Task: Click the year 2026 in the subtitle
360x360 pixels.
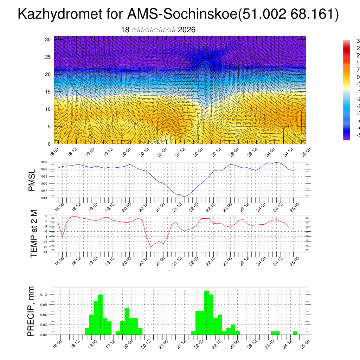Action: pos(187,30)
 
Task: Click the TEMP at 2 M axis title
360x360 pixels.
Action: pos(34,234)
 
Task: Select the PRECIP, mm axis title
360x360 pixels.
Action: pos(31,311)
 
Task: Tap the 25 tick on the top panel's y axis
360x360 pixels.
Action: pos(48,57)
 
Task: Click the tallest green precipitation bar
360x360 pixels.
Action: pos(206,313)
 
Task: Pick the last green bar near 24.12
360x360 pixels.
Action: pos(295,333)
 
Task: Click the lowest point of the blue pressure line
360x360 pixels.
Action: pos(184,197)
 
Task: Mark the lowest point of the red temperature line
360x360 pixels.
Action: pos(151,247)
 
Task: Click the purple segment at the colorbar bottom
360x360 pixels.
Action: pos(346,137)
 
